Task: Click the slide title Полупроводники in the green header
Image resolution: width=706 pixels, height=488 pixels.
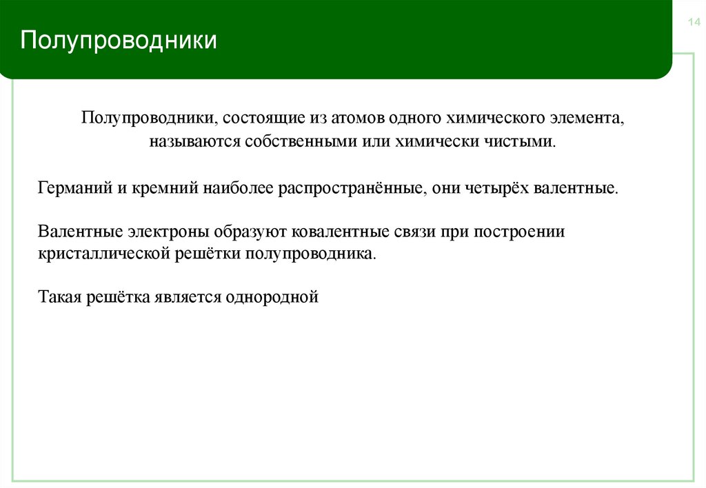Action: [118, 40]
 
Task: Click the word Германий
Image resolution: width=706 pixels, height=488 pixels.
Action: [69, 187]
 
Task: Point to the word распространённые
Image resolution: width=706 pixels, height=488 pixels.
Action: [350, 187]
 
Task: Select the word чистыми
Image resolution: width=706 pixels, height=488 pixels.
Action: [527, 142]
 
